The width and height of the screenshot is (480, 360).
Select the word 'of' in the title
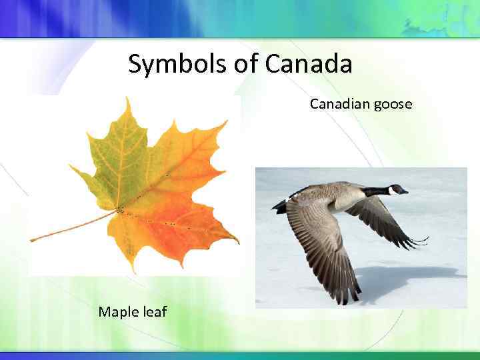click(x=245, y=65)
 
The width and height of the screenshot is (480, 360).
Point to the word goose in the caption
click(x=393, y=105)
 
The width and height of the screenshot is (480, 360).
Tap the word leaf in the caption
click(x=153, y=311)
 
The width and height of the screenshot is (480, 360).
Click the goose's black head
click(x=396, y=189)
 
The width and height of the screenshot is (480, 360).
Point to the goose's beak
click(x=405, y=191)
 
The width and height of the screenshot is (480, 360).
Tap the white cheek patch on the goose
click(x=392, y=191)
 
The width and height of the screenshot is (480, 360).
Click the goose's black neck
click(x=376, y=191)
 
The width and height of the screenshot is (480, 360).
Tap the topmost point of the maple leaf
click(x=127, y=98)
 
